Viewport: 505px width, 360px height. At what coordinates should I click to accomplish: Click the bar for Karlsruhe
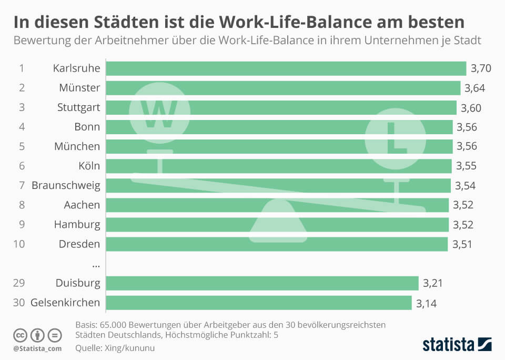pyautogui.click(x=286, y=68)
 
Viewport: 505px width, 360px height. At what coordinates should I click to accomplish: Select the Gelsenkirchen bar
pyautogui.click(x=259, y=303)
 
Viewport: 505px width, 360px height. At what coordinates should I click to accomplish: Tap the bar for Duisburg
pyautogui.click(x=262, y=283)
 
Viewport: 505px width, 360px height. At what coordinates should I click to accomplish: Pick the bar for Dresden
pyautogui.click(x=277, y=244)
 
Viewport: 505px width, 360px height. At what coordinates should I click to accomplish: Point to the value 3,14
pyautogui.click(x=427, y=303)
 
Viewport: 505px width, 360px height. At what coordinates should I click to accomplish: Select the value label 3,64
pyautogui.click(x=474, y=88)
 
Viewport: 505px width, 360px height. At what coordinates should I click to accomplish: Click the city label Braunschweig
pyautogui.click(x=66, y=185)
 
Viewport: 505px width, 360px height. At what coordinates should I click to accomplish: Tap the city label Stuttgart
pyautogui.click(x=78, y=107)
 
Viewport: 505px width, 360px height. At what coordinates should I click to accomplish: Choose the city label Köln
pyautogui.click(x=89, y=166)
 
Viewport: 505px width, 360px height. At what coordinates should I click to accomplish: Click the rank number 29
pyautogui.click(x=19, y=283)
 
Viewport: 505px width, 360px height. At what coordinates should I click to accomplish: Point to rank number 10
pyautogui.click(x=19, y=244)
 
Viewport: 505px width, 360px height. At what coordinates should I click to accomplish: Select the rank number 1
pyautogui.click(x=22, y=68)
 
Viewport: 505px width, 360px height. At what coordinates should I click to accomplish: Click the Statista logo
pyautogui.click(x=457, y=345)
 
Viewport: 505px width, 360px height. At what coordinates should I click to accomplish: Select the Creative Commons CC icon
pyautogui.click(x=20, y=335)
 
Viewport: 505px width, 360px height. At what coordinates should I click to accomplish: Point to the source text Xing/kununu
pyautogui.click(x=126, y=348)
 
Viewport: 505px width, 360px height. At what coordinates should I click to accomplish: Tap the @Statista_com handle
pyautogui.click(x=37, y=348)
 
